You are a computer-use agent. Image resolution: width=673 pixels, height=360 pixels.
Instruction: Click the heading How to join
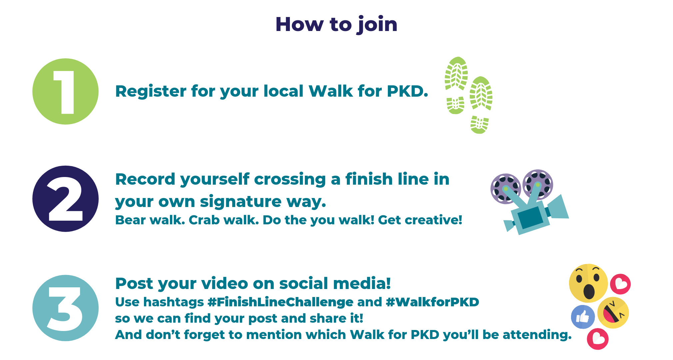coord(336,25)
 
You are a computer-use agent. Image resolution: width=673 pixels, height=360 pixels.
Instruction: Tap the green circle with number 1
coord(65,91)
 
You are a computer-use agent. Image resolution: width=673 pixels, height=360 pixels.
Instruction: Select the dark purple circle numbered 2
coord(65,199)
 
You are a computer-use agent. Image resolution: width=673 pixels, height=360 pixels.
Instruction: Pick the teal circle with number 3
coord(65,308)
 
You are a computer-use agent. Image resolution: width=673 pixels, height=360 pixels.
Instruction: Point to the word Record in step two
coord(145,179)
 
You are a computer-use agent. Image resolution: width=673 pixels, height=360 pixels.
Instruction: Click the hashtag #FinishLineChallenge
coord(280,302)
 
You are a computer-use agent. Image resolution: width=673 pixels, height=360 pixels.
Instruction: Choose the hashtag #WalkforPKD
coord(432,302)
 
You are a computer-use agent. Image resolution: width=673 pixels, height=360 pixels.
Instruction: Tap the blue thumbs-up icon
coord(583,317)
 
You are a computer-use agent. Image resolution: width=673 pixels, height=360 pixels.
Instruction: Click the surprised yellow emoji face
coord(588,283)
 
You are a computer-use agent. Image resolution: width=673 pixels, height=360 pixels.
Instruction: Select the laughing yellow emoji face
coord(613,313)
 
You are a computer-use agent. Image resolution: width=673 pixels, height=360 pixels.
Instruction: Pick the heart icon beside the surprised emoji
coord(620,284)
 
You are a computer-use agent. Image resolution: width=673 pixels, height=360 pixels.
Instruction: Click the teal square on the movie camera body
coord(530,217)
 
